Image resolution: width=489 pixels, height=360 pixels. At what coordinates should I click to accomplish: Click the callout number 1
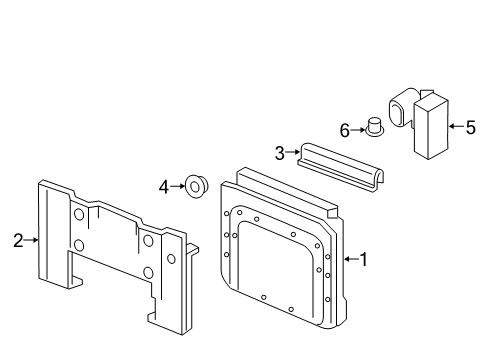(x=364, y=259)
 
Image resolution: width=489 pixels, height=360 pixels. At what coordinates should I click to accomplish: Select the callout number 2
(x=18, y=240)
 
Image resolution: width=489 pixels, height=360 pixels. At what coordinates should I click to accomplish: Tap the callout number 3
(x=280, y=153)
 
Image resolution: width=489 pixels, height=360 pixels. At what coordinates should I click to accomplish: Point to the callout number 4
(x=164, y=187)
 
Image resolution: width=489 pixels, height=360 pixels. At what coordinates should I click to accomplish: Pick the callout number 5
(x=470, y=127)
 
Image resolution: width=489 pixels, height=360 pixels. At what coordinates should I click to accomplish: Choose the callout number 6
(x=345, y=130)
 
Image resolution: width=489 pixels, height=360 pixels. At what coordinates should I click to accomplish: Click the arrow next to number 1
(x=352, y=259)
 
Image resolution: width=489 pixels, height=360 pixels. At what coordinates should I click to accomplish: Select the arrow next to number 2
(x=31, y=240)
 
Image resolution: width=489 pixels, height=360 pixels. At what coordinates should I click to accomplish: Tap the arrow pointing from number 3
(x=293, y=152)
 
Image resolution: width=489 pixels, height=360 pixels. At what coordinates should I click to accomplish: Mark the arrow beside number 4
(x=177, y=186)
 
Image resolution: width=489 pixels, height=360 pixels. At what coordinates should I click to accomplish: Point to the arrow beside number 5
(x=456, y=126)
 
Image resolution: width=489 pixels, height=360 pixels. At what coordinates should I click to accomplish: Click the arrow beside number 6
(x=358, y=130)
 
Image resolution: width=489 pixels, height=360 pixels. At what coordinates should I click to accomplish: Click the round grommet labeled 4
(x=197, y=186)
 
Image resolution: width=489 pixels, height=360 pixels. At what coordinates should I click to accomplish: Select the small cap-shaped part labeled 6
(x=375, y=127)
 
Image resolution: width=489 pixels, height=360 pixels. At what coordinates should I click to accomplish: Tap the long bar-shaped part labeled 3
(x=340, y=167)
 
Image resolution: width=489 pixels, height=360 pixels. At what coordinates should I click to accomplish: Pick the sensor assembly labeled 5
(x=419, y=123)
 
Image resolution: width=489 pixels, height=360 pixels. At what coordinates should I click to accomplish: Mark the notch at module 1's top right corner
(x=332, y=212)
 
